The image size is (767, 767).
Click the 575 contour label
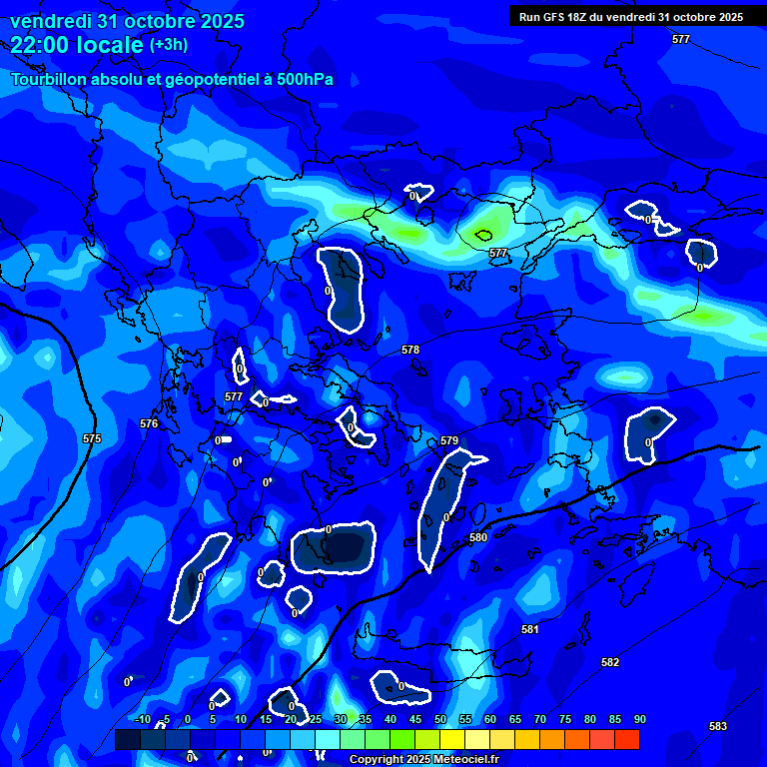tap(92, 438)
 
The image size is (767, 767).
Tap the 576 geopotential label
tap(149, 423)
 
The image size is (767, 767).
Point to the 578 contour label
tap(410, 350)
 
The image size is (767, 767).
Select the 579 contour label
tap(449, 440)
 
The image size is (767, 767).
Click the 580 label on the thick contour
tap(478, 537)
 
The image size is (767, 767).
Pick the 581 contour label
tap(530, 629)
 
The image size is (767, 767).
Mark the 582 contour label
tap(610, 662)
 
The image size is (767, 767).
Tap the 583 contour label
tap(718, 726)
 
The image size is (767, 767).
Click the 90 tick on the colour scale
tap(639, 719)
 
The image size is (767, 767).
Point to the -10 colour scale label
tap(141, 719)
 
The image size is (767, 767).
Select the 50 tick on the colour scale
tap(439, 719)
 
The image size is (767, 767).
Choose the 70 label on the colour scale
tap(539, 719)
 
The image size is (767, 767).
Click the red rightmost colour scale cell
tap(626, 739)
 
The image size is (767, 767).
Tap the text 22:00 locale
tap(78, 44)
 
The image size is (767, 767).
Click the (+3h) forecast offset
tap(168, 44)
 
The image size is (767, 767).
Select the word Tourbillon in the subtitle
tap(49, 79)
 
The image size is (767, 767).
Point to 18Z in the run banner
tap(580, 17)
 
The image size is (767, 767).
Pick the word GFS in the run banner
tap(553, 17)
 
